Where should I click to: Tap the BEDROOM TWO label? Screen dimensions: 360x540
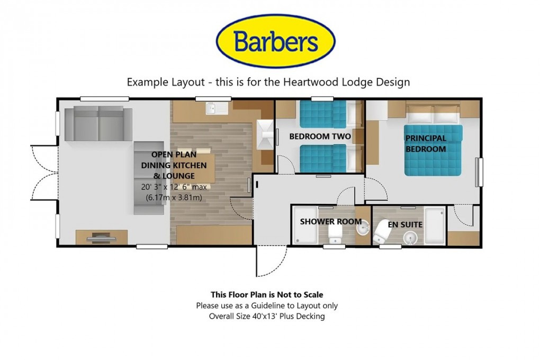pos(320,137)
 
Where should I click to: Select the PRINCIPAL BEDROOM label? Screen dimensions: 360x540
pos(426,143)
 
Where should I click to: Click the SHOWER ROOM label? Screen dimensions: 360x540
pos(331,222)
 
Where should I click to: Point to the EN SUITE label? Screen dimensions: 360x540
pos(405,224)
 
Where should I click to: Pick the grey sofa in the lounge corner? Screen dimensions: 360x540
pos(98,123)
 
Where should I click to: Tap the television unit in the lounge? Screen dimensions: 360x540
pos(102,238)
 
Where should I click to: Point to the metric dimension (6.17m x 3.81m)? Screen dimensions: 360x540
pos(174,197)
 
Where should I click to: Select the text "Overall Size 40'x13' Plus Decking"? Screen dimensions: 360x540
pos(267,317)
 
